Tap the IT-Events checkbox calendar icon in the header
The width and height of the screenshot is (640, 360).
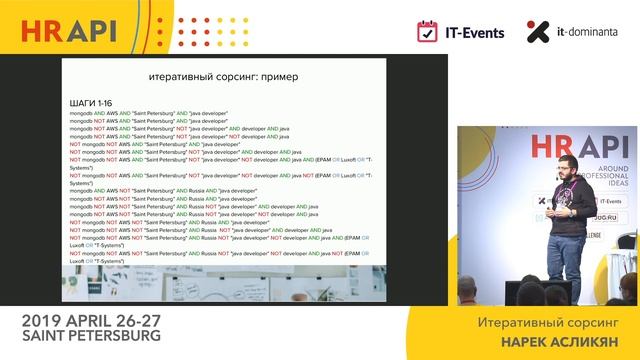(x=429, y=31)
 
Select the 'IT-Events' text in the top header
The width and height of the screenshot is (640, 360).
(x=476, y=32)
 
